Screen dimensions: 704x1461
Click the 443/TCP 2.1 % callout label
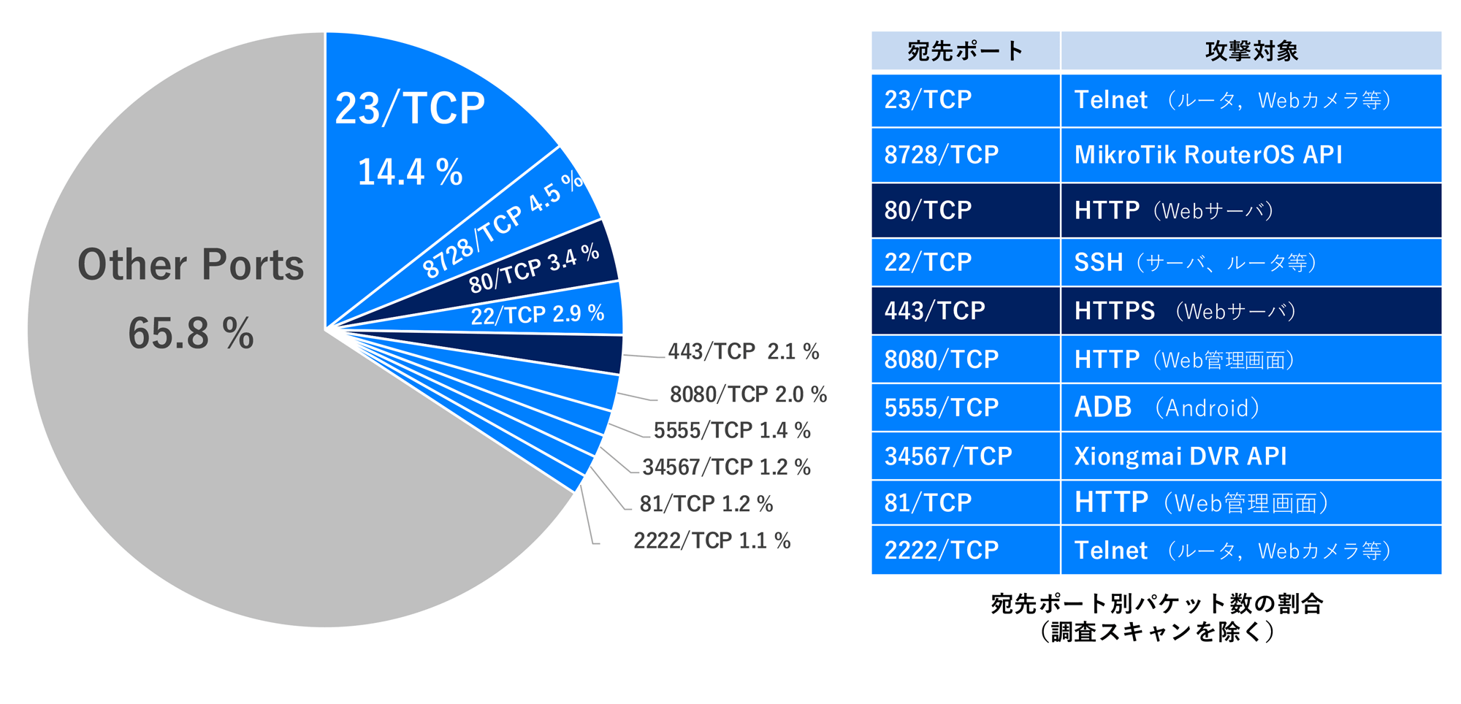pyautogui.click(x=743, y=352)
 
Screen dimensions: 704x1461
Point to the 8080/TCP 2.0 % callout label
pyautogui.click(x=748, y=394)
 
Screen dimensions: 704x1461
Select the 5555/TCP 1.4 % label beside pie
pyautogui.click(x=732, y=431)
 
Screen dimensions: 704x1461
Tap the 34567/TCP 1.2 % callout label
pyautogui.click(x=726, y=467)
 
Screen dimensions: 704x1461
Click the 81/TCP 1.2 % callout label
pyautogui.click(x=706, y=504)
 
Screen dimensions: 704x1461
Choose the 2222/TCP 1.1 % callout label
pyautogui.click(x=712, y=541)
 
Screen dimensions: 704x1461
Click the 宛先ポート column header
pyautogui.click(x=965, y=51)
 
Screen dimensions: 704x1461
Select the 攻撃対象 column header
pyautogui.click(x=1251, y=51)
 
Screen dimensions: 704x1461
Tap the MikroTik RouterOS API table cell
pyautogui.click(x=1251, y=155)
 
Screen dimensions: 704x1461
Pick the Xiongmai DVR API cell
pyautogui.click(x=1251, y=456)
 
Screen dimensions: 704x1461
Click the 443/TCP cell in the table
pyautogui.click(x=965, y=311)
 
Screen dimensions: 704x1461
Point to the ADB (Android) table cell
pyautogui.click(x=1251, y=408)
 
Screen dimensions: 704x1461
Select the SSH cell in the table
pyautogui.click(x=1251, y=262)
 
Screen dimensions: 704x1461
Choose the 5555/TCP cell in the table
pyautogui.click(x=965, y=408)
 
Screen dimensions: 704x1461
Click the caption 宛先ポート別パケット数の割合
pyautogui.click(x=1156, y=604)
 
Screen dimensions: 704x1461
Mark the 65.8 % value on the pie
pyautogui.click(x=191, y=334)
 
